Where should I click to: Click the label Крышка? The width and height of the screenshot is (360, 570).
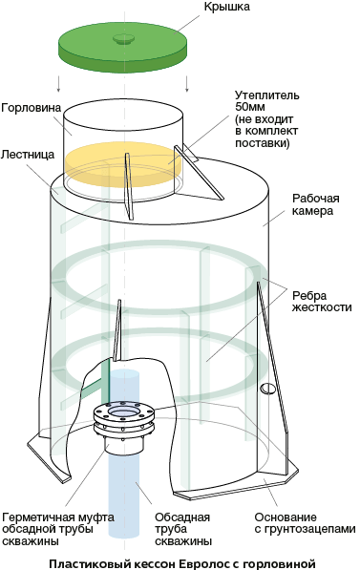[226, 7]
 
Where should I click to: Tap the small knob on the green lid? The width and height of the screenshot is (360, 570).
[124, 38]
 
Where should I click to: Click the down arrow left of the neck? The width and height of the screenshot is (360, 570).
[58, 84]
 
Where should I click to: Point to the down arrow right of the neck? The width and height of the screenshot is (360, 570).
[187, 84]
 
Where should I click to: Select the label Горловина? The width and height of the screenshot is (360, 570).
[31, 108]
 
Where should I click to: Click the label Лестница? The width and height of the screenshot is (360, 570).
[28, 155]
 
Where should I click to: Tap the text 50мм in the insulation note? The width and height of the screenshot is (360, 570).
[250, 107]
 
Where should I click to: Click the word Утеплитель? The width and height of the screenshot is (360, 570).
[267, 95]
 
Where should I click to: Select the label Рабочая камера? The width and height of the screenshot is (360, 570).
[316, 204]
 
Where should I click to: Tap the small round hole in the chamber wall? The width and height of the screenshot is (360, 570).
[268, 389]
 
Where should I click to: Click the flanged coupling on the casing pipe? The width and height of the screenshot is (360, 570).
[123, 426]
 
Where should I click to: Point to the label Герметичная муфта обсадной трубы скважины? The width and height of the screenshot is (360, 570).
[58, 529]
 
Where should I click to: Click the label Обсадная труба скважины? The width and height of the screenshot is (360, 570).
[183, 529]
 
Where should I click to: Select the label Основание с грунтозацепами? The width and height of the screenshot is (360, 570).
[305, 523]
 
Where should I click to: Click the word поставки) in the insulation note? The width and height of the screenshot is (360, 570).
[263, 143]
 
